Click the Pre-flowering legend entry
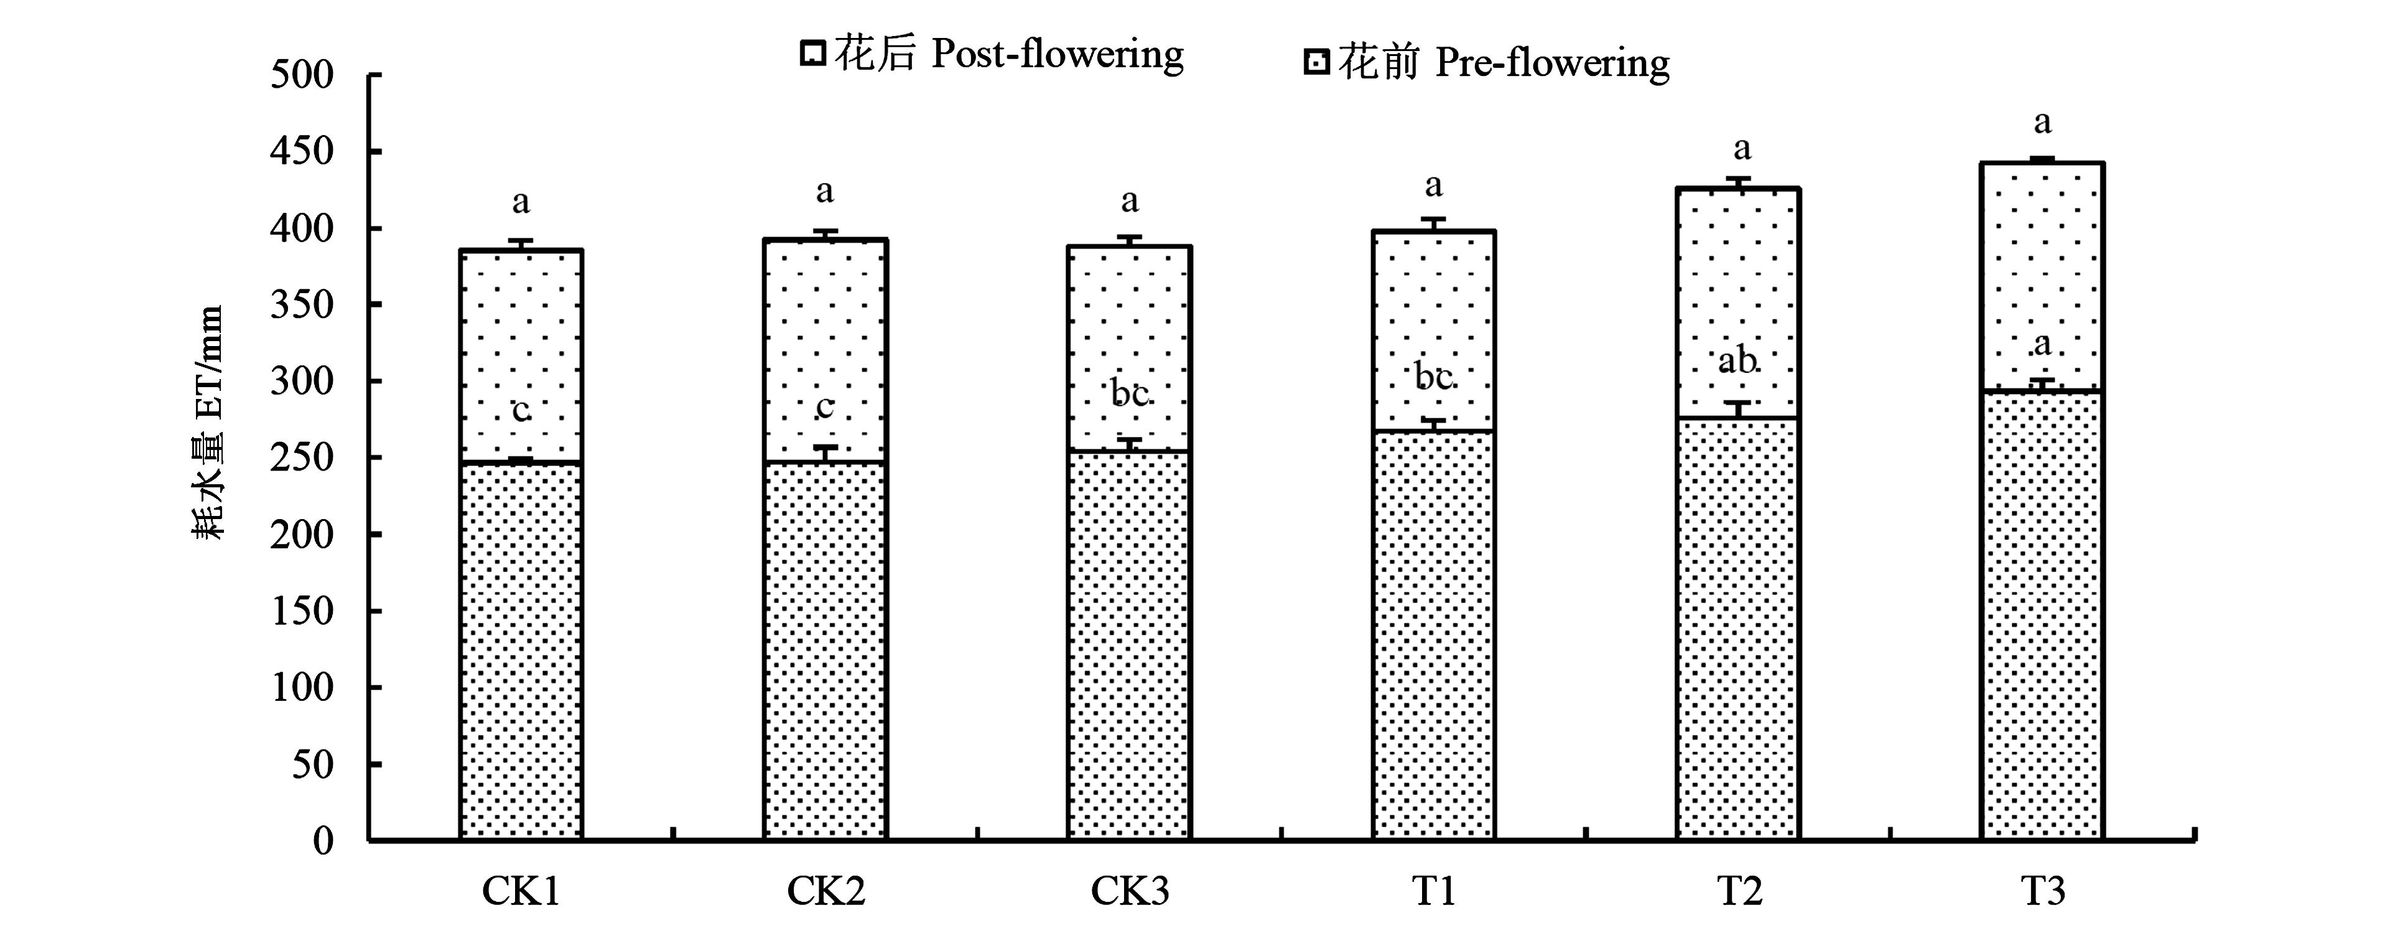click(x=1487, y=63)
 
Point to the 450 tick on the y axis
click(x=302, y=152)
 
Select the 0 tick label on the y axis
click(x=323, y=841)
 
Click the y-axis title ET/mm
click(x=209, y=423)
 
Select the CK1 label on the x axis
click(x=521, y=891)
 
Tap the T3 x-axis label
click(x=2043, y=891)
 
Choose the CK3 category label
click(x=1130, y=891)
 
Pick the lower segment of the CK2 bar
click(x=825, y=651)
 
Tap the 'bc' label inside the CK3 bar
click(x=1130, y=394)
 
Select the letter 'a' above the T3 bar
click(x=2043, y=122)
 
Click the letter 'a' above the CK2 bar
click(x=825, y=192)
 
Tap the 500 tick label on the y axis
click(x=302, y=75)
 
